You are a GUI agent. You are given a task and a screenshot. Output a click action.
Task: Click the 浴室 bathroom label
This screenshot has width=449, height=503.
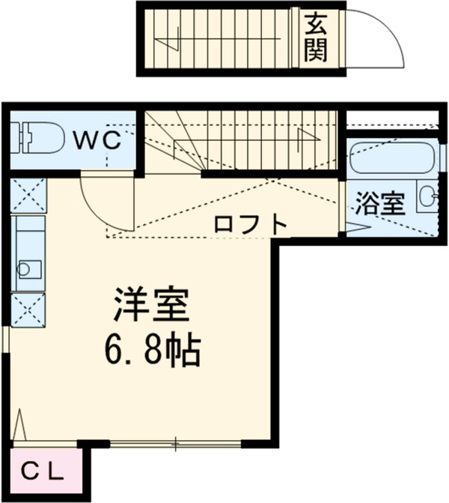(x=380, y=204)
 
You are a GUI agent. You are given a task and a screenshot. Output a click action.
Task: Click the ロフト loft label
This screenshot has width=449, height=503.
(x=250, y=224)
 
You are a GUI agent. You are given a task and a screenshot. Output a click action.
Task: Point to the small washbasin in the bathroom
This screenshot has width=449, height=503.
(x=427, y=197)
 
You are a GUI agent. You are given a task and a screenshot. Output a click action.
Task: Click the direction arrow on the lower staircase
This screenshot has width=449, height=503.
(x=303, y=139)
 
